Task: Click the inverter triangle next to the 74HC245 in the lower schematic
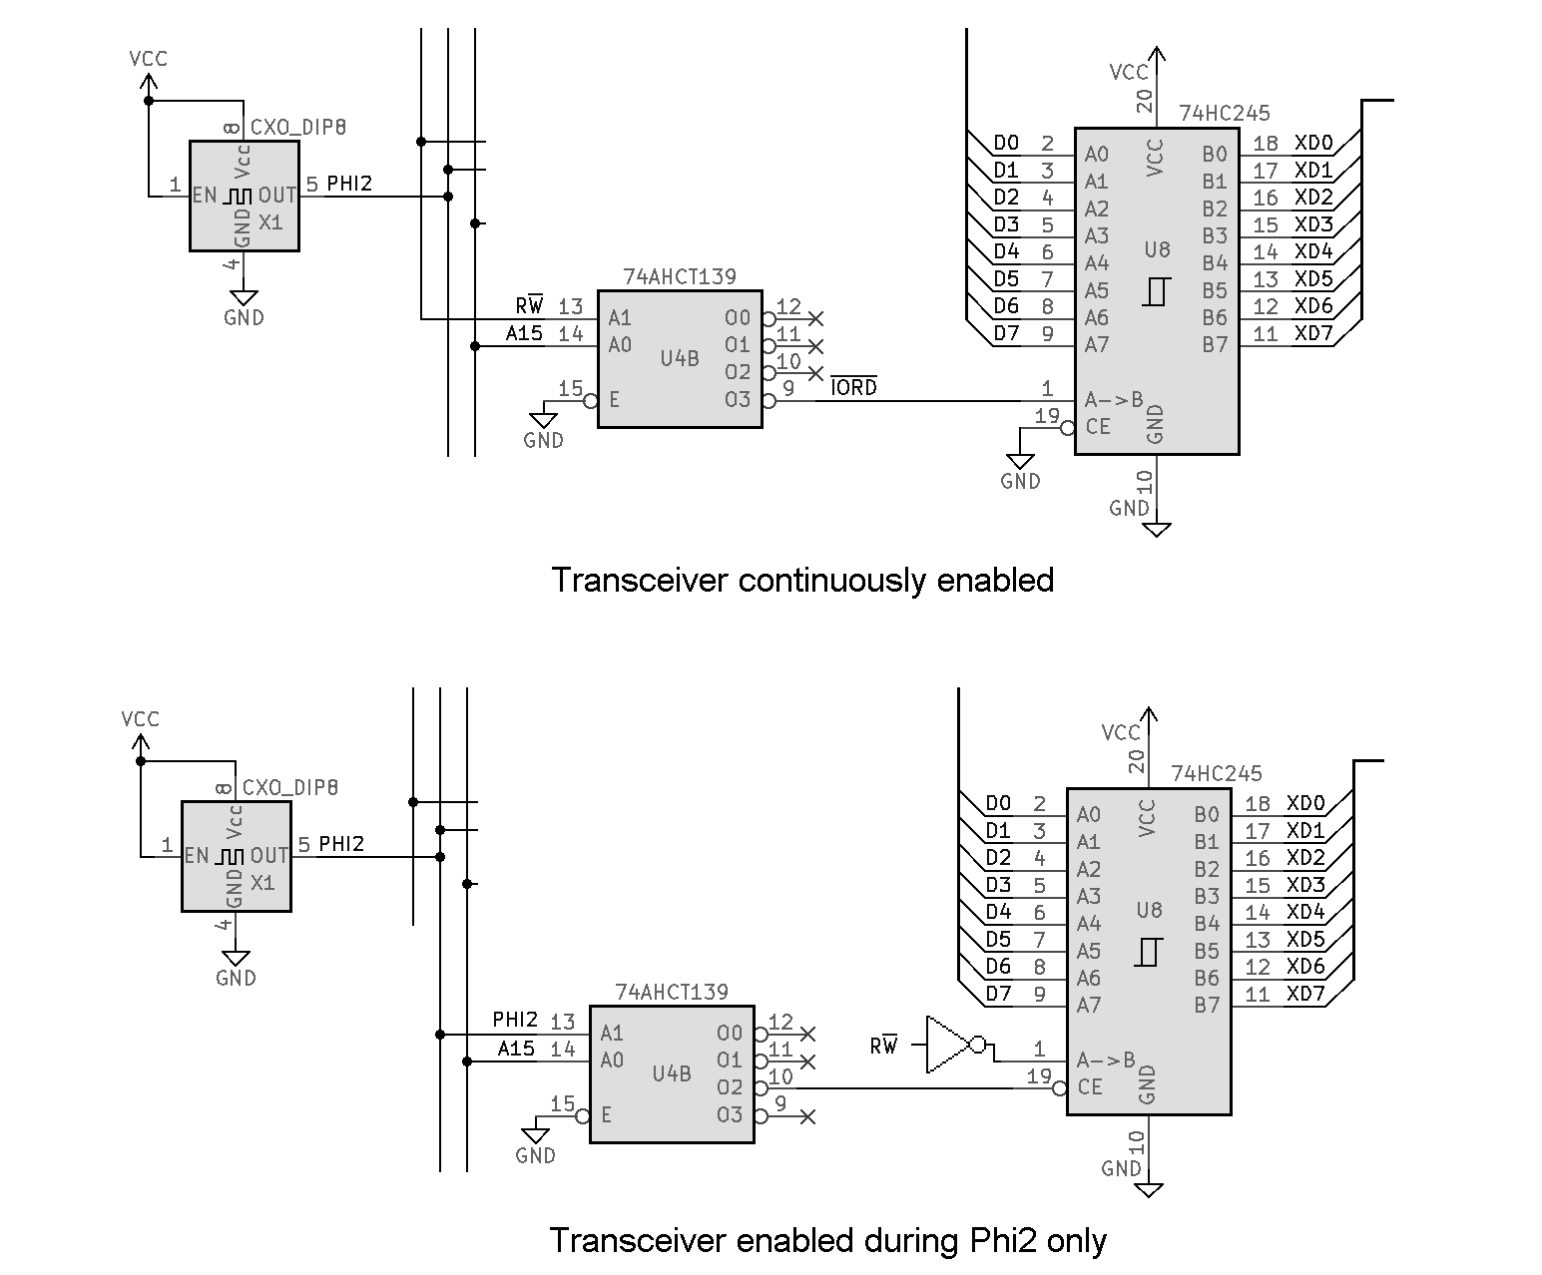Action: [x=947, y=1045]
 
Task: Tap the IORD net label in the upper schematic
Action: [x=853, y=387]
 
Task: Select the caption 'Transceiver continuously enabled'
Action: [x=802, y=580]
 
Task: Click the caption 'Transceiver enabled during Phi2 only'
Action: [x=827, y=1240]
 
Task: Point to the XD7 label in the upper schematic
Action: [x=1313, y=333]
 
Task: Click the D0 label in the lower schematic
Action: [x=998, y=803]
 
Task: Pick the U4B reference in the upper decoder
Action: [x=680, y=358]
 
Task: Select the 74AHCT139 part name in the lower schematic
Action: [x=672, y=993]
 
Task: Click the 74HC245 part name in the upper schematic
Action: [x=1225, y=113]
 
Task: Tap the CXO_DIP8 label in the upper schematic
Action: [x=298, y=128]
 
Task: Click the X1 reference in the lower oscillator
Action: [x=262, y=883]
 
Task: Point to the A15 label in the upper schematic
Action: [x=524, y=333]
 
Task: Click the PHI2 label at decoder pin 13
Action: [x=515, y=1020]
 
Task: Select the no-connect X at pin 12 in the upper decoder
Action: [x=816, y=319]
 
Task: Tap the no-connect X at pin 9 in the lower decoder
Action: [x=808, y=1116]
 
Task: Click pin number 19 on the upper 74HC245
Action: [x=1047, y=416]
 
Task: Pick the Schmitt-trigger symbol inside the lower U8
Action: [x=1148, y=952]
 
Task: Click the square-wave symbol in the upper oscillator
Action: [x=238, y=197]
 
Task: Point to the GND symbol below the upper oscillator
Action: [x=244, y=298]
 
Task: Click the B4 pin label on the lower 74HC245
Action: [x=1207, y=924]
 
